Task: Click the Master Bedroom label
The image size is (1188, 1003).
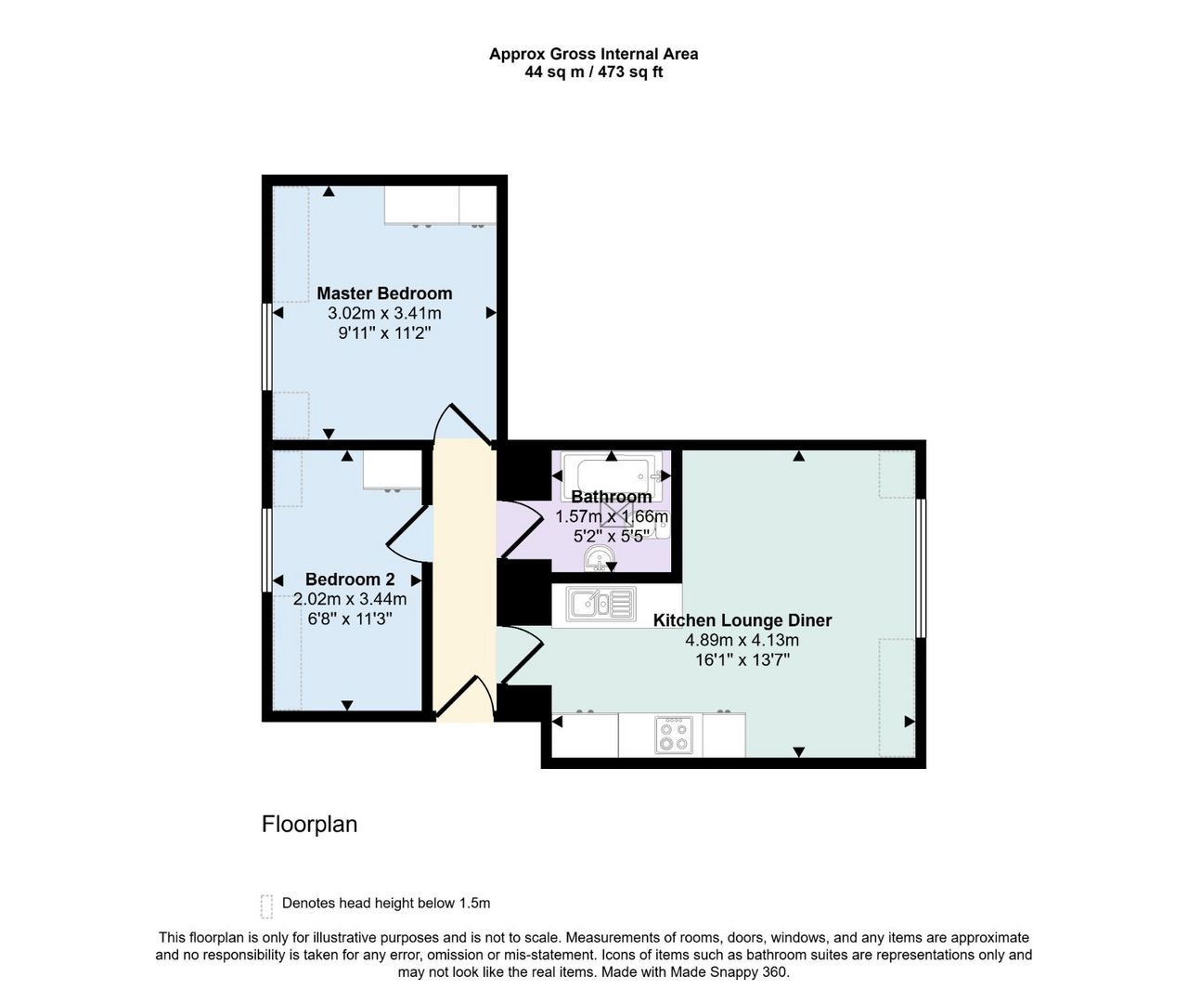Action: (x=384, y=293)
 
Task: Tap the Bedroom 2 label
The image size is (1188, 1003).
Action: (x=350, y=579)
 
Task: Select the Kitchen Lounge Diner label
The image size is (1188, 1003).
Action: (x=742, y=619)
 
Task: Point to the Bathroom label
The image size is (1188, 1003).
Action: (x=611, y=496)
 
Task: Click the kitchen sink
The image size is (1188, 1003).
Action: (x=600, y=604)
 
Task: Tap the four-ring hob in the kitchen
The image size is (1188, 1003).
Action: (x=674, y=736)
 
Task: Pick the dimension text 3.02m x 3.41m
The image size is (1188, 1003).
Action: (x=384, y=313)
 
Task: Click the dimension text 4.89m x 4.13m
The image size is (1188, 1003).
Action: (x=742, y=640)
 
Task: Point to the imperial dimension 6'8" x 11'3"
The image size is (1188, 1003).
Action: (x=350, y=619)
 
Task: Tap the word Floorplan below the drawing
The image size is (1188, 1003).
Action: (x=309, y=825)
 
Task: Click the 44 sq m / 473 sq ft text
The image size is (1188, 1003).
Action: (x=593, y=72)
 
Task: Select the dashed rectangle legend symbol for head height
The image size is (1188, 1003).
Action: (x=266, y=906)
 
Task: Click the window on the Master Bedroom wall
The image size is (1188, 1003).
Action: (x=266, y=346)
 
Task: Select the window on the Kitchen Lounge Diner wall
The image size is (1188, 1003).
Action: (x=920, y=568)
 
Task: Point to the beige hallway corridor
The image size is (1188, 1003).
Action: (x=464, y=580)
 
